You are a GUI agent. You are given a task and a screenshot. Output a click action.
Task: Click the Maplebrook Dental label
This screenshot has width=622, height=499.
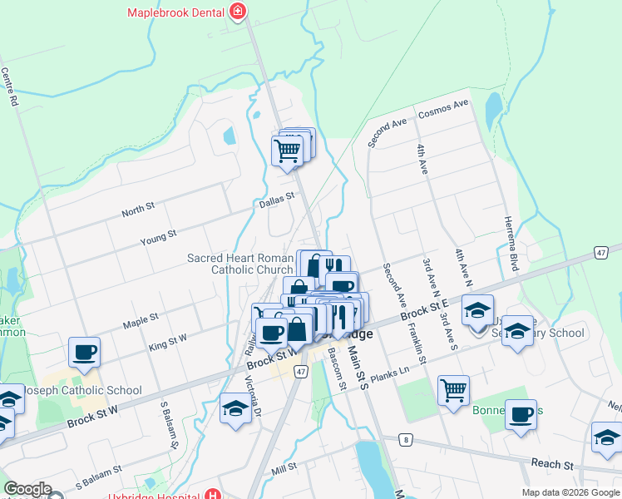click(x=177, y=12)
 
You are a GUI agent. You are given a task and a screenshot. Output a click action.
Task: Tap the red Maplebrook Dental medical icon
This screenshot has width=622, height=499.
click(x=239, y=12)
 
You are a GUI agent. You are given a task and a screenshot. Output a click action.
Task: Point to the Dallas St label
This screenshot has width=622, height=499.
click(x=277, y=200)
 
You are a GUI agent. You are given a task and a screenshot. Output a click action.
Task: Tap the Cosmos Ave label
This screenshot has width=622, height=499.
click(x=443, y=109)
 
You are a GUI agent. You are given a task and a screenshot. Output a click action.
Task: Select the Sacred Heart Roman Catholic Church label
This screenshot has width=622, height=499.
click(x=239, y=264)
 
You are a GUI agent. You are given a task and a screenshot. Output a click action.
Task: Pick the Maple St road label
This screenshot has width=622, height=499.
click(x=141, y=319)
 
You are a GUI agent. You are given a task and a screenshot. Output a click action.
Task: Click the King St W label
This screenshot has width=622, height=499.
click(x=167, y=340)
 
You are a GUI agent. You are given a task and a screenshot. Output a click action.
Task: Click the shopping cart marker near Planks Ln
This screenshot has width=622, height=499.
click(x=453, y=389)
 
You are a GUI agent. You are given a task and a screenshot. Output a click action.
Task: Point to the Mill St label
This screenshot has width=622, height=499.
click(x=284, y=470)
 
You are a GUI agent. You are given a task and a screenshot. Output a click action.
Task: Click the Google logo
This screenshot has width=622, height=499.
click(x=27, y=489)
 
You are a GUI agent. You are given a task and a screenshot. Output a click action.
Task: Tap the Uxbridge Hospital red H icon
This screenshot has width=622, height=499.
click(x=215, y=494)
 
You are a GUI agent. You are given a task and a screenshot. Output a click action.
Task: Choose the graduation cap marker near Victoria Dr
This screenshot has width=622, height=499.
click(x=236, y=409)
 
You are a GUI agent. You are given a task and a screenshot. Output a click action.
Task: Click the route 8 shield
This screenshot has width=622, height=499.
click(x=405, y=438)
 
